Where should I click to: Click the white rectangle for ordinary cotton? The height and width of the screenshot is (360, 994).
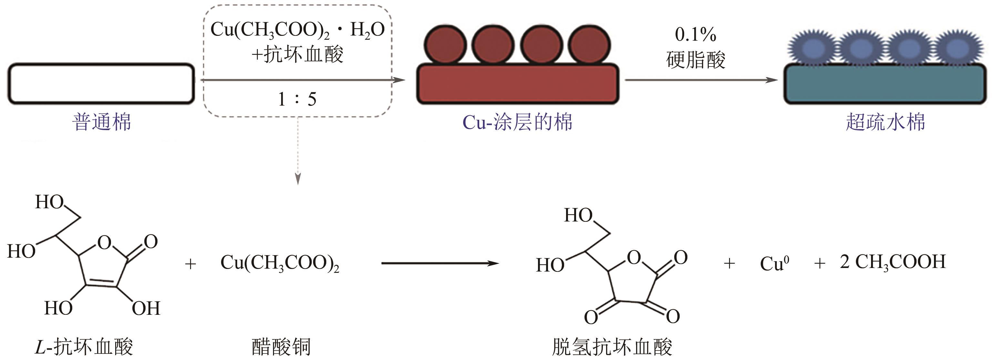101,84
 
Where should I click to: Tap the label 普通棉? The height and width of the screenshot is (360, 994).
101,122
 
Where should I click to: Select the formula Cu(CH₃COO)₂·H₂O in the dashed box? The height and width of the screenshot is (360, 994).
297,30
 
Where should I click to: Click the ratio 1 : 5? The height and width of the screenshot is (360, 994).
297,99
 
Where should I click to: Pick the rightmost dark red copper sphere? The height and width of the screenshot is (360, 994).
589,45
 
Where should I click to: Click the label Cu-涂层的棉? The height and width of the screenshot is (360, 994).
517,122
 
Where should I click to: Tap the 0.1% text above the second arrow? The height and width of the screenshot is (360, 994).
695,35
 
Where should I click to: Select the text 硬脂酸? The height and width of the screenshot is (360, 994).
695,59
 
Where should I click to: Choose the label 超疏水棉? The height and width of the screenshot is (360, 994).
885,122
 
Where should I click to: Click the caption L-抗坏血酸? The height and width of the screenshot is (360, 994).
84,346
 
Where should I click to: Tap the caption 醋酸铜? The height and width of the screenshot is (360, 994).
281,346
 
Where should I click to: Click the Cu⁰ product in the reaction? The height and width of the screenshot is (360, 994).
774,264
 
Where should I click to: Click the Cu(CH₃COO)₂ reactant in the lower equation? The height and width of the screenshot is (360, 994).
280,263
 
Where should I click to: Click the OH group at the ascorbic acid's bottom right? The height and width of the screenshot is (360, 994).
146,308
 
